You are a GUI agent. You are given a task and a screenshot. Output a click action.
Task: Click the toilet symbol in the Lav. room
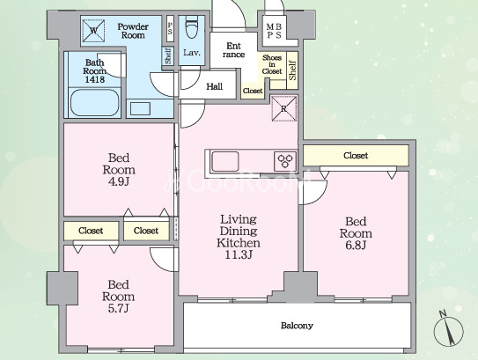click(192, 27)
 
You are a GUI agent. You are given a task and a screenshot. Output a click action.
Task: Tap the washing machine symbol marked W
click(93, 31)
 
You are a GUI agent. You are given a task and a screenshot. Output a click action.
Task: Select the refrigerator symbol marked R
click(283, 109)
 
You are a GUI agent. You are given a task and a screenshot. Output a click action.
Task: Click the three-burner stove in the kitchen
click(285, 161)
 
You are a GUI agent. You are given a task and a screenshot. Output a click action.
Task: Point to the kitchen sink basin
click(225, 161)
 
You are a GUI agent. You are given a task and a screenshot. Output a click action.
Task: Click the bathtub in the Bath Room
click(95, 102)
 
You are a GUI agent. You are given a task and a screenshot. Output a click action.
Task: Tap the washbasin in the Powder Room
click(140, 109)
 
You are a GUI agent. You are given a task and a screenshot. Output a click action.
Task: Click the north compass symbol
click(448, 330)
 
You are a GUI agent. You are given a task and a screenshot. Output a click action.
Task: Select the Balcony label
click(297, 326)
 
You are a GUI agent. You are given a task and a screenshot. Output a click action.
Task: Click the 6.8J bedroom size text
click(356, 245)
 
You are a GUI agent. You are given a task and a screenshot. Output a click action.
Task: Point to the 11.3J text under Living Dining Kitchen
click(239, 254)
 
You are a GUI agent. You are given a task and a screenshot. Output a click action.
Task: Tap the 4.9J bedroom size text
click(119, 181)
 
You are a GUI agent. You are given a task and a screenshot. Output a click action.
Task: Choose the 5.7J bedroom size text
click(118, 308)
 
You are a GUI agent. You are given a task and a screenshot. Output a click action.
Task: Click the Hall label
click(214, 86)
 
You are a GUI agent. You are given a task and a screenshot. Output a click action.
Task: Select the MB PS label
click(274, 31)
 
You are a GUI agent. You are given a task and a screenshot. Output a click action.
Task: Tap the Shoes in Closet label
click(272, 64)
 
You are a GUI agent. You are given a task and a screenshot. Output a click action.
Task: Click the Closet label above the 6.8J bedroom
click(356, 156)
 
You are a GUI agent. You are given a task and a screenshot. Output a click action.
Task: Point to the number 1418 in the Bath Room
click(95, 79)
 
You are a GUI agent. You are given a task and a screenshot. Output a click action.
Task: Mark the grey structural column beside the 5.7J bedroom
click(62, 288)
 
